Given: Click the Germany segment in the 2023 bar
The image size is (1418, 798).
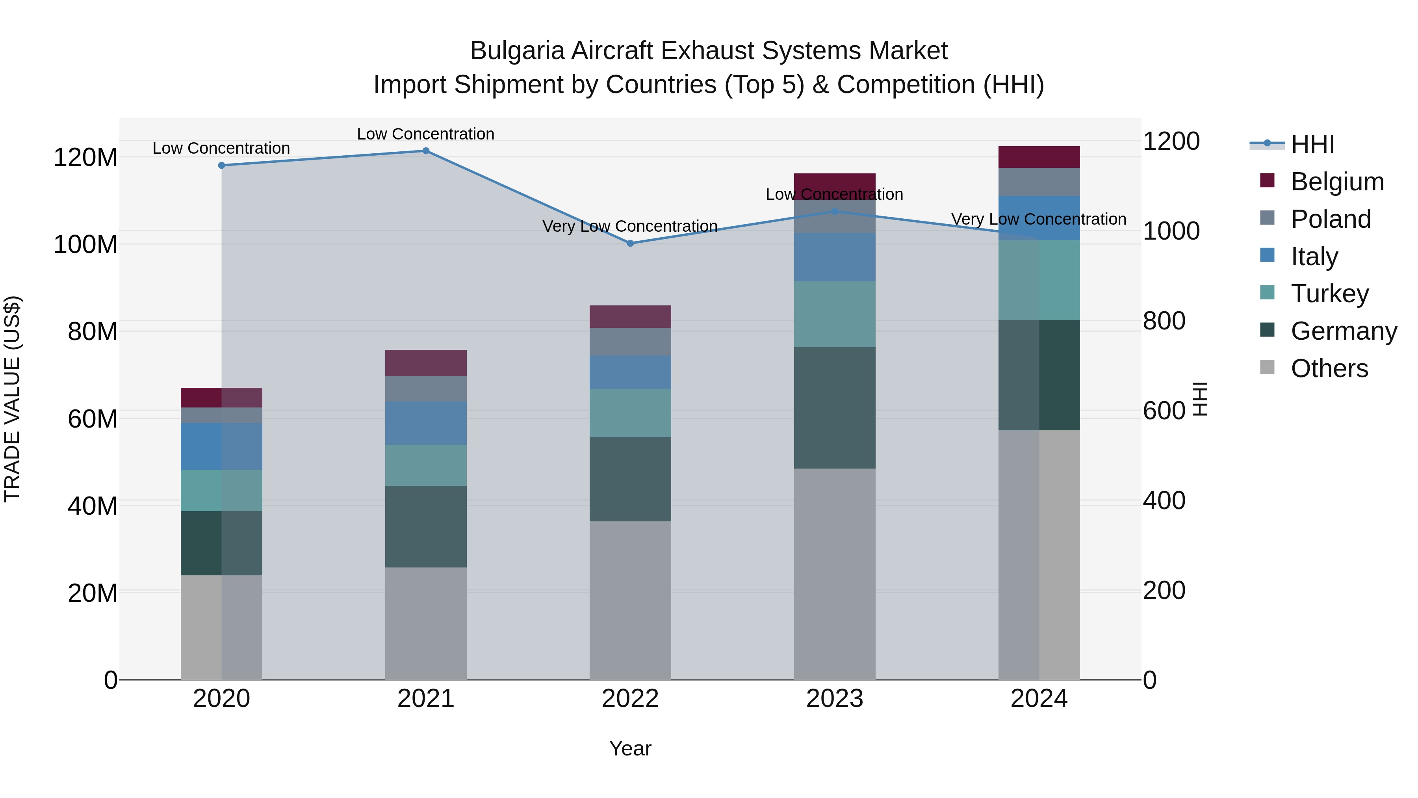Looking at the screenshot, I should coord(835,407).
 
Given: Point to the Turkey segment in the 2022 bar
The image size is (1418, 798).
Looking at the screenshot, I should coord(630,413).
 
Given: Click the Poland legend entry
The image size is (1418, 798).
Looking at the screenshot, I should coord(1331,219).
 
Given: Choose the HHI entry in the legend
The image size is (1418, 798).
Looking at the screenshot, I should coord(1312,144).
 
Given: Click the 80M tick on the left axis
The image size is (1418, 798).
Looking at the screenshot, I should coord(93,331).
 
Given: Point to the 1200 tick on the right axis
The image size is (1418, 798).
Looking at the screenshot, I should coord(1171,141).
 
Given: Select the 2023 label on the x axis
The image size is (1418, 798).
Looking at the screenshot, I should coord(835,699).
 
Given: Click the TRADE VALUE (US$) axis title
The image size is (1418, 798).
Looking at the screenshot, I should coord(12,399).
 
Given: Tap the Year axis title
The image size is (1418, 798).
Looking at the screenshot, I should coord(630,748).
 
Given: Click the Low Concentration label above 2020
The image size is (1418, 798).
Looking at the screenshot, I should coord(221,148).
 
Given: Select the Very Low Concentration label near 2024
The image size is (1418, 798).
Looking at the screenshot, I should coord(1038,219).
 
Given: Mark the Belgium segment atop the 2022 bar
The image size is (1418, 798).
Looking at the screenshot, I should coord(630,317).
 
